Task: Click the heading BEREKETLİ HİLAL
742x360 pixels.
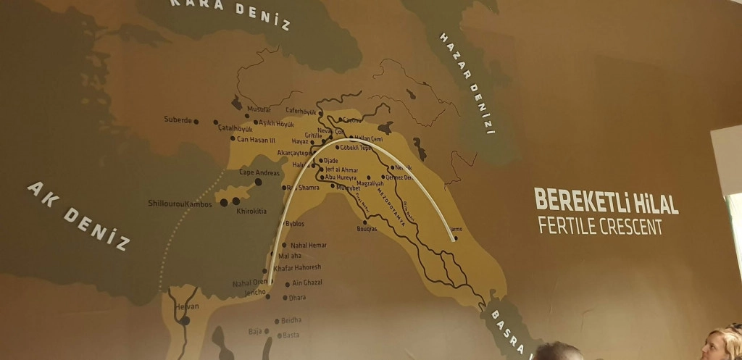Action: [x=606, y=201]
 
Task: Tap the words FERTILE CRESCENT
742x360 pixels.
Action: [x=600, y=227]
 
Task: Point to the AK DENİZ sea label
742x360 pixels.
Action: [x=78, y=216]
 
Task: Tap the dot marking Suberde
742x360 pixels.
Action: [x=196, y=121]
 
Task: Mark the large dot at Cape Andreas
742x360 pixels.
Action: [x=259, y=182]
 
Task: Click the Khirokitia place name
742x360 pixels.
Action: [x=252, y=212]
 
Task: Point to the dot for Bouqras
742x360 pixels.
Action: [x=364, y=222]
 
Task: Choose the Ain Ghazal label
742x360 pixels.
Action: [x=307, y=282]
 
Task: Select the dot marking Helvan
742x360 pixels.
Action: [x=185, y=320]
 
